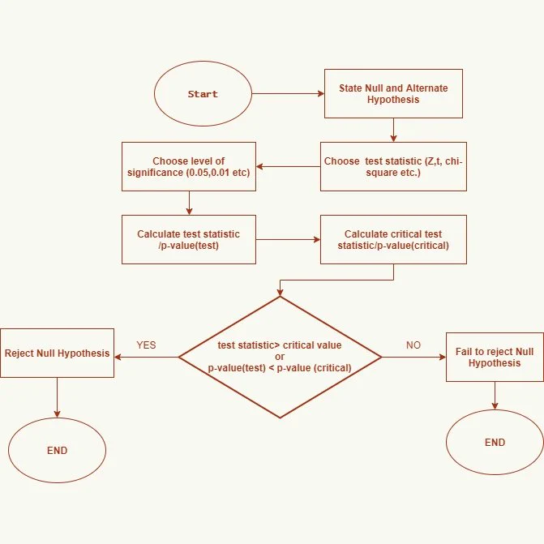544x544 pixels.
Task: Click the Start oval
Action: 203,94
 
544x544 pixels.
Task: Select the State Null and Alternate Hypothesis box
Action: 393,94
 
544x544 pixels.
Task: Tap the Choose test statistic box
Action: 393,166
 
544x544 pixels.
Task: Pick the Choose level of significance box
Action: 189,166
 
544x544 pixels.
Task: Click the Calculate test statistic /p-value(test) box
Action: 189,239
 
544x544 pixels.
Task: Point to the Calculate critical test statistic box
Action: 393,239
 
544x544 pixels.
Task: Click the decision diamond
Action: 280,357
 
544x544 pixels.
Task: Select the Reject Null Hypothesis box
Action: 58,353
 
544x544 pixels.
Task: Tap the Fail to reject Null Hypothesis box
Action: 495,357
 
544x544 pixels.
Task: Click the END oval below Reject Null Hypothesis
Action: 58,450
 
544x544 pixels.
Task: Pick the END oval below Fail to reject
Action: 495,443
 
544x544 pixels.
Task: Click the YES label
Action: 146,345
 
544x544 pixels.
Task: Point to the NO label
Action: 413,345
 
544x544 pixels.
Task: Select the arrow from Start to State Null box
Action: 288,94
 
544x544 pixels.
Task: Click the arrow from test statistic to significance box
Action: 289,166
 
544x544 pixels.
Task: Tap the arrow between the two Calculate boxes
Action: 289,239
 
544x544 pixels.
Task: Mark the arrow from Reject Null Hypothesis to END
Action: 58,397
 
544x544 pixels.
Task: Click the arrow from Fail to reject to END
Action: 495,396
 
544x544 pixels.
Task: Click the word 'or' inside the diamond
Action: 280,357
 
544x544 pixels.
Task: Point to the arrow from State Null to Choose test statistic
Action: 393,130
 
